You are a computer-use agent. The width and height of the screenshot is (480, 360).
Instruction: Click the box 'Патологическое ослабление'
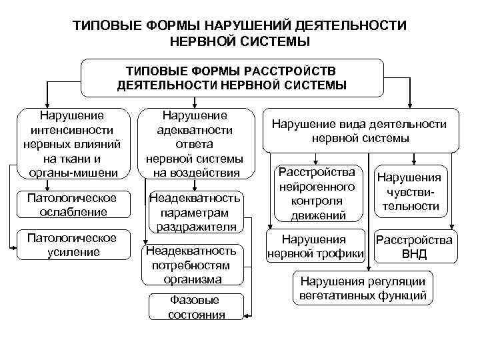(x=71, y=205)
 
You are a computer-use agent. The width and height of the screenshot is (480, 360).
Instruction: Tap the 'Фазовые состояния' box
(x=196, y=307)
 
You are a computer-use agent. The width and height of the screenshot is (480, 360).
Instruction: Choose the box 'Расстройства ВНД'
(x=414, y=247)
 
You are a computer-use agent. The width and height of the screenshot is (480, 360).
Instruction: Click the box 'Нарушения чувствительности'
(x=409, y=192)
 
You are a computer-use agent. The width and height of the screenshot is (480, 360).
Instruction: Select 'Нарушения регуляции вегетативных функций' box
(x=363, y=288)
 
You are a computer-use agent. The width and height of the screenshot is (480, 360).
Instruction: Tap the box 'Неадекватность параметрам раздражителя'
(x=196, y=212)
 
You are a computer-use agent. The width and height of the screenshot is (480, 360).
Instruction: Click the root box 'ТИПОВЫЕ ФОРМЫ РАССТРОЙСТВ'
(x=231, y=78)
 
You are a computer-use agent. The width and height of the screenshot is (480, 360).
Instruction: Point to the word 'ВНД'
(x=414, y=254)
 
